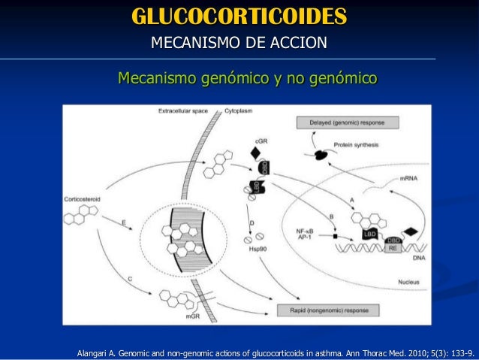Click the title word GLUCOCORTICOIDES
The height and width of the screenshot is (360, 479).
(x=239, y=16)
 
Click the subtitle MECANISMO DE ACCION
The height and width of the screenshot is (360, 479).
(x=239, y=41)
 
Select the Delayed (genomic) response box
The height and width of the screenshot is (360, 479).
(x=348, y=123)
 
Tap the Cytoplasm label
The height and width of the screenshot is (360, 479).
(x=239, y=111)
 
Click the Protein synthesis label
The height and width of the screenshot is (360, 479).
(x=356, y=146)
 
